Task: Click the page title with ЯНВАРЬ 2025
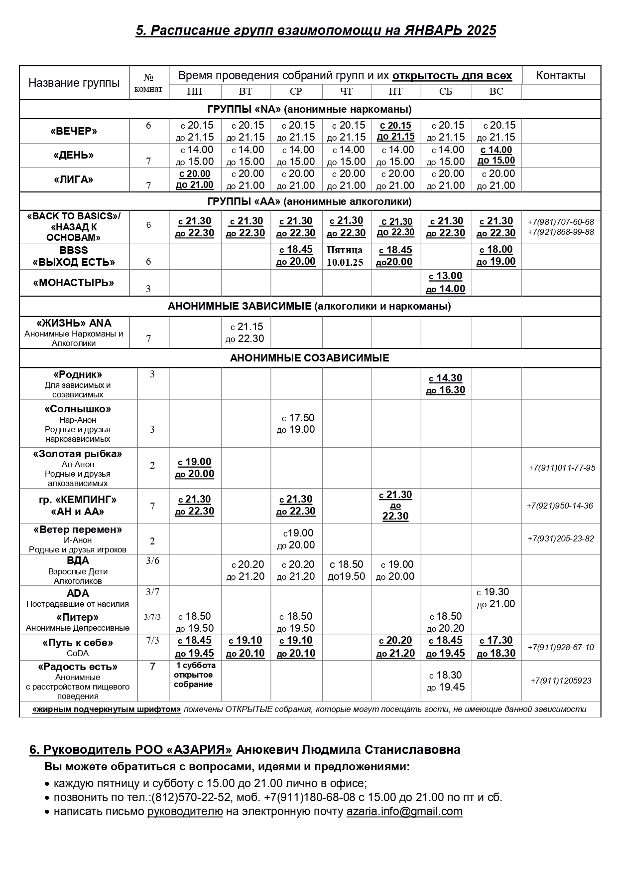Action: click(x=316, y=31)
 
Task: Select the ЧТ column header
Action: click(x=346, y=92)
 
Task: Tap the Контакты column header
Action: click(x=561, y=76)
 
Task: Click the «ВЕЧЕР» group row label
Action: click(x=74, y=132)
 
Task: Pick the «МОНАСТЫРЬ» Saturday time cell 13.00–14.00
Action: click(x=446, y=283)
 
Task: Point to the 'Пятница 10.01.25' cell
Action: click(x=345, y=256)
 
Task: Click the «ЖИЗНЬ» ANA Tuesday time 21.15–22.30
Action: click(x=245, y=333)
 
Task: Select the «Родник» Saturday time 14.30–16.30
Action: click(x=446, y=384)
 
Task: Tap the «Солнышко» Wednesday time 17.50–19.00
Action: click(x=296, y=424)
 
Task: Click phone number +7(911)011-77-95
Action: click(x=562, y=468)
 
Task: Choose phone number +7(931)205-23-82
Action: click(x=561, y=538)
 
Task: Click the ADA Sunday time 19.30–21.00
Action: click(x=496, y=598)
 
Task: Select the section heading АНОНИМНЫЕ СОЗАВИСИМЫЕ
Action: click(x=309, y=358)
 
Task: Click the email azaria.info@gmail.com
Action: click(x=404, y=811)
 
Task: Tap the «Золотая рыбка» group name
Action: click(x=78, y=454)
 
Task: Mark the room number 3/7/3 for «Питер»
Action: click(x=152, y=617)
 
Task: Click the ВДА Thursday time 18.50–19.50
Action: click(x=347, y=570)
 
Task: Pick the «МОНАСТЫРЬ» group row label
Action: click(x=74, y=283)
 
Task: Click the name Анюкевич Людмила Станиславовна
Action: click(x=348, y=749)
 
